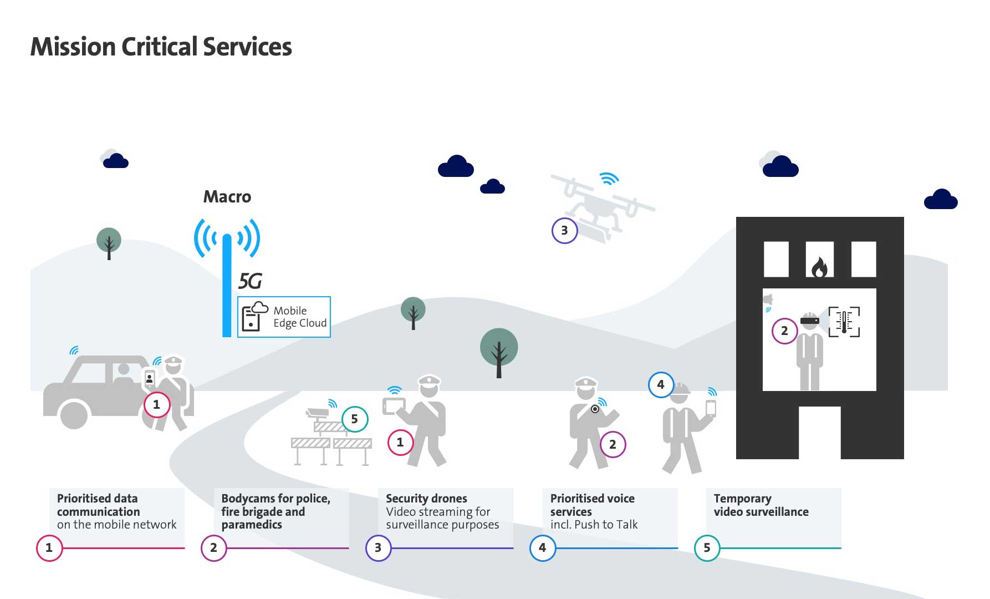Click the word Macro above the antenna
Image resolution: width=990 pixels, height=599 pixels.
(x=227, y=197)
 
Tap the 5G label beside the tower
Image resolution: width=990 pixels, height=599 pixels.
(x=250, y=282)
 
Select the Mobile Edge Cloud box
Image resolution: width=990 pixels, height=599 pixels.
(x=284, y=317)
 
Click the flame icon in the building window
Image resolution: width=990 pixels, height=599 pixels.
(x=819, y=267)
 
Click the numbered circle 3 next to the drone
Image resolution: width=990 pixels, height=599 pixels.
(x=564, y=231)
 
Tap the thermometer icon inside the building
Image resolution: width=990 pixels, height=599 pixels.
(x=844, y=322)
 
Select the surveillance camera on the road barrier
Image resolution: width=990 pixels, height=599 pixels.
(x=317, y=413)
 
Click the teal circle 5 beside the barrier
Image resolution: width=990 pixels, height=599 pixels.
(x=354, y=419)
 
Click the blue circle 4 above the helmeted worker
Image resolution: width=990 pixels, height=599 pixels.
(x=660, y=384)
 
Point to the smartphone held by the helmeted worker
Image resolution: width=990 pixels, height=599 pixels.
(x=710, y=408)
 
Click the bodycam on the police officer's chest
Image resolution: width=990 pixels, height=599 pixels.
(x=595, y=409)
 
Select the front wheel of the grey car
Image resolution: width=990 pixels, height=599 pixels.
(x=74, y=415)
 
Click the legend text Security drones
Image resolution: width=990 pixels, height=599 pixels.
(x=426, y=499)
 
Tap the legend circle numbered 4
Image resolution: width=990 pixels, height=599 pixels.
(x=542, y=548)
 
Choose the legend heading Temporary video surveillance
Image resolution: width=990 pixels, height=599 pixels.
(x=761, y=505)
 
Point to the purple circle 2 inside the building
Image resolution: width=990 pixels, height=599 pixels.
(x=784, y=331)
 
